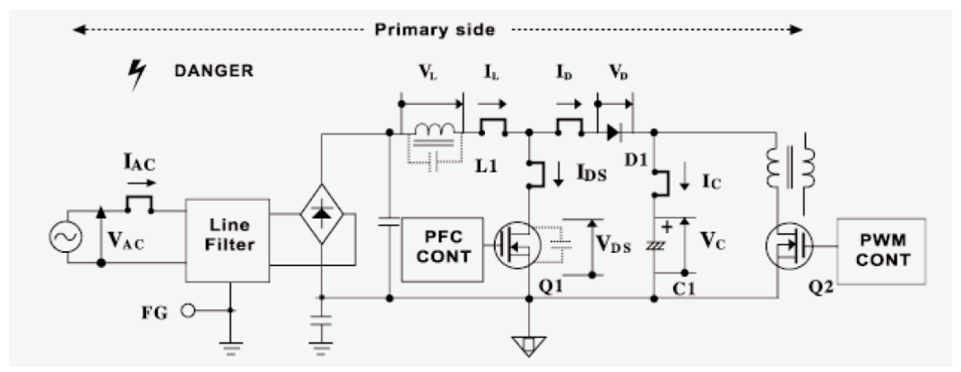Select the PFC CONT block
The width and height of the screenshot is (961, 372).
click(x=441, y=248)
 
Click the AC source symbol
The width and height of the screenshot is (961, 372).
click(x=69, y=237)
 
